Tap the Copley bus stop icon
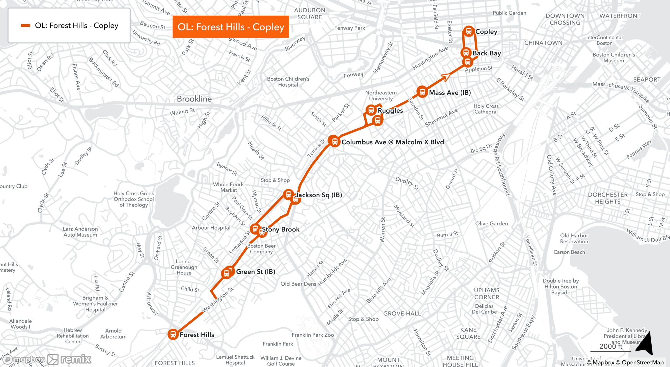[x=469, y=31]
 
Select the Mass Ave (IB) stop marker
[x=422, y=92]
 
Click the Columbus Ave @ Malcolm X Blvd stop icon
[x=334, y=142]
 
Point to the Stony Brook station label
[x=281, y=229]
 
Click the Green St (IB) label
[x=255, y=272]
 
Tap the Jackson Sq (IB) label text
[x=319, y=195]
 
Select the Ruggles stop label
[x=390, y=111]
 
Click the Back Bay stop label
[x=487, y=53]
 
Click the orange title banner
[x=231, y=27]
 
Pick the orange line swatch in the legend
[x=25, y=26]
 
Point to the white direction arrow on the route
[x=446, y=76]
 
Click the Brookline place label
[x=194, y=99]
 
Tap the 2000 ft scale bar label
[x=611, y=346]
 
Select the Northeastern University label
[x=381, y=96]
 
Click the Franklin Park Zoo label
[x=313, y=335]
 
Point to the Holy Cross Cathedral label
[x=486, y=109]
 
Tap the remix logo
[x=70, y=359]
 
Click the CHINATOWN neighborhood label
[x=543, y=43]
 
